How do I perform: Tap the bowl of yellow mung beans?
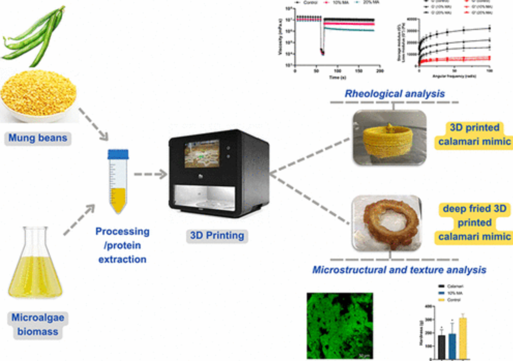[x=39, y=96]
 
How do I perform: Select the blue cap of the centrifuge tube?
[x=118, y=154]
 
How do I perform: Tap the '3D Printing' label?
[x=216, y=236]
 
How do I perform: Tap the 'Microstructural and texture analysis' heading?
[x=399, y=269]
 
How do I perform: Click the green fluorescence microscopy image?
[x=340, y=325]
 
